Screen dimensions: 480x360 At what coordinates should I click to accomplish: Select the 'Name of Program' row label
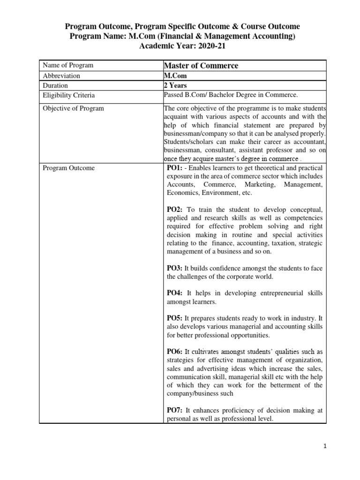click(68, 66)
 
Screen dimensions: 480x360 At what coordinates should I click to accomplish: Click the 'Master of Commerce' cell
click(201, 66)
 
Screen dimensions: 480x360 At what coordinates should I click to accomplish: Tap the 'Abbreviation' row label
click(61, 76)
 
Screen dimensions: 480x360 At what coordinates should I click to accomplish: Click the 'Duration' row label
click(55, 86)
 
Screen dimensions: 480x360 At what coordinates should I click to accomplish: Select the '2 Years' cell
click(175, 86)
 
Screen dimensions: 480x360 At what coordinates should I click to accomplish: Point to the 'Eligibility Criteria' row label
click(68, 96)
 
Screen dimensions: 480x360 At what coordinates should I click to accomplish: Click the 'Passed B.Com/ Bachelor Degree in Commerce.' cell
click(231, 96)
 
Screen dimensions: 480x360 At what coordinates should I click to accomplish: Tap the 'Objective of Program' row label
click(73, 109)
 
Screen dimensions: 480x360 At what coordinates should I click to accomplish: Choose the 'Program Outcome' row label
click(68, 168)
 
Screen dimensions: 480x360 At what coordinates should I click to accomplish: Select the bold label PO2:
click(175, 210)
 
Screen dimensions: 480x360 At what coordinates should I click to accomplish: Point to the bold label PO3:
click(174, 268)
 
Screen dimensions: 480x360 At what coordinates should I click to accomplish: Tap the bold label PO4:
click(175, 293)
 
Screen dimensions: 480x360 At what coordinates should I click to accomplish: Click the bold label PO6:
click(175, 352)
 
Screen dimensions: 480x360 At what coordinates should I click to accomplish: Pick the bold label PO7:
click(175, 410)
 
